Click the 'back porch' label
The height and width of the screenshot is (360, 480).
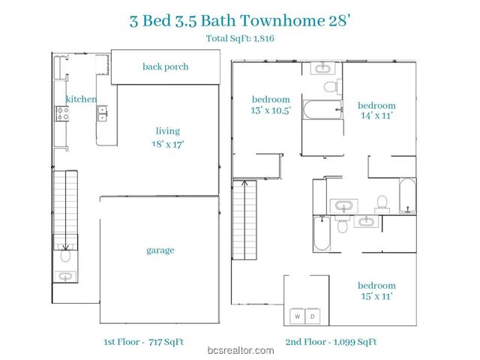pos(165,67)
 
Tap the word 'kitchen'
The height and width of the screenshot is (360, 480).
pos(81,99)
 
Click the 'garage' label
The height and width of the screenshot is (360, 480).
pos(160,250)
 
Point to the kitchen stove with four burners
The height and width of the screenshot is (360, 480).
pos(62,114)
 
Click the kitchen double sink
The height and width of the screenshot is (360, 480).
pos(101,114)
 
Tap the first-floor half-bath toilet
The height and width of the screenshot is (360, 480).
pos(65,256)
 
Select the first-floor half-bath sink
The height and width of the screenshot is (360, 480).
pos(65,277)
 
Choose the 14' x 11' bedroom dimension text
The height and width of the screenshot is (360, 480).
pos(376,116)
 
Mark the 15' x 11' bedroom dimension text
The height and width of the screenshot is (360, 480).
pos(376,297)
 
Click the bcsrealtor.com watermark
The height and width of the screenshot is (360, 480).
pos(239,351)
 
